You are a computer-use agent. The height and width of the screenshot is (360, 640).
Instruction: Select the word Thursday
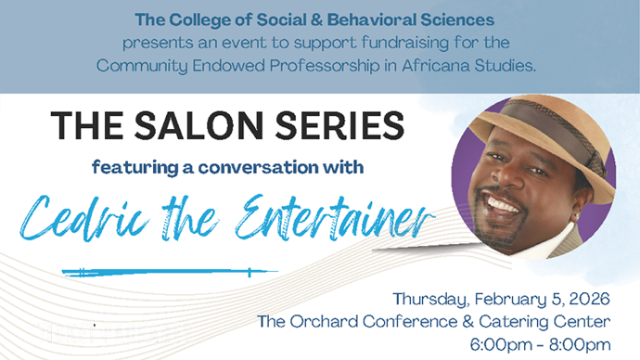coord(432,299)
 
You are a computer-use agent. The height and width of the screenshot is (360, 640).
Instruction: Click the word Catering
coord(506,322)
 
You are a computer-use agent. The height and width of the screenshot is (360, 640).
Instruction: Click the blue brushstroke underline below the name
coord(167,272)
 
